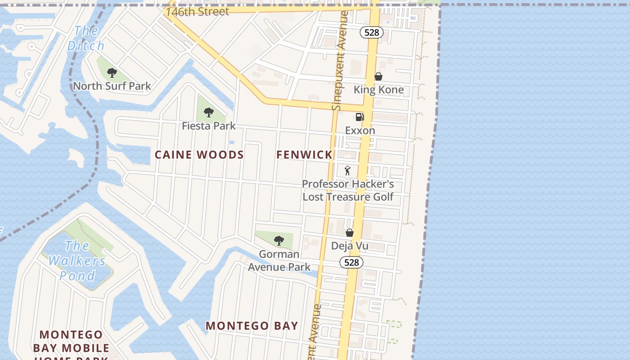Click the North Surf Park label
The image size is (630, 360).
click(x=112, y=86)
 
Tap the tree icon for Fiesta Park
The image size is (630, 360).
click(x=208, y=112)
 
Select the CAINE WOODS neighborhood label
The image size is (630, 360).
click(x=199, y=155)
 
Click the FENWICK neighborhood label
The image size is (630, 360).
click(x=304, y=155)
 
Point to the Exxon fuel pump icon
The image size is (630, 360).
click(x=360, y=117)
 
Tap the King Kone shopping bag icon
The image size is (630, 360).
click(x=378, y=76)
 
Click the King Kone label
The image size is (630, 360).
click(x=378, y=90)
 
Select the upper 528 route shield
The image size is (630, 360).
click(x=371, y=32)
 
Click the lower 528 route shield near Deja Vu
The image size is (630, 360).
click(x=351, y=262)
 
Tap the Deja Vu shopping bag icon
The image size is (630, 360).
click(x=349, y=233)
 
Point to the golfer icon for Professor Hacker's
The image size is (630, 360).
click(x=347, y=171)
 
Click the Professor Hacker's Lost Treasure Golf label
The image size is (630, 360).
click(x=348, y=190)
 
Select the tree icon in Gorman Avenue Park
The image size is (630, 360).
click(x=279, y=240)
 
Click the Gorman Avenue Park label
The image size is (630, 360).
click(x=279, y=261)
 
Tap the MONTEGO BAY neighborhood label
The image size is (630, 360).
click(x=252, y=326)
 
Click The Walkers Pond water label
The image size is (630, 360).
click(x=77, y=261)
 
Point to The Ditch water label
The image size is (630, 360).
click(x=86, y=38)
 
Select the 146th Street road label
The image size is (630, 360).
click(x=197, y=11)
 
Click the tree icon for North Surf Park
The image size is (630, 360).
click(x=112, y=72)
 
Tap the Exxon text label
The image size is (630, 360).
click(x=360, y=130)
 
